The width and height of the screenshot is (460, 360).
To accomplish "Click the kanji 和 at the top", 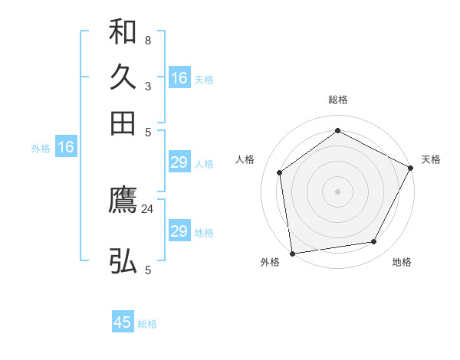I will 123,33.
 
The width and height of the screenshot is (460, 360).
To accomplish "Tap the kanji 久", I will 123,77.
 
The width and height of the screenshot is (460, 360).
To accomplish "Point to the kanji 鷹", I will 123,201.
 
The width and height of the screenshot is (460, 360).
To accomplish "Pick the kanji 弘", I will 123,261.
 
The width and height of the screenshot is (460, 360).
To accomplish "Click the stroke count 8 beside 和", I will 148,40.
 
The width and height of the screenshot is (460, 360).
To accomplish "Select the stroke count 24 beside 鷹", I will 148,208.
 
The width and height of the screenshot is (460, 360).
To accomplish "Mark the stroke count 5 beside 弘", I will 148,270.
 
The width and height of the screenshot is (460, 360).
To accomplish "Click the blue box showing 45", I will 123,322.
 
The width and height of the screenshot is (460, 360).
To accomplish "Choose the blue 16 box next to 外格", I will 66,148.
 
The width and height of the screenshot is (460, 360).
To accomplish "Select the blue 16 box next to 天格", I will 179,78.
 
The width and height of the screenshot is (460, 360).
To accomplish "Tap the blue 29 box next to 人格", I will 179,162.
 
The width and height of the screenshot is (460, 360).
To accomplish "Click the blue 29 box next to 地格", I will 179,231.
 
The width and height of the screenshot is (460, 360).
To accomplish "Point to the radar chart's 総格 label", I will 337,100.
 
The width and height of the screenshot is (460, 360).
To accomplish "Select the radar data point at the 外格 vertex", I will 292,253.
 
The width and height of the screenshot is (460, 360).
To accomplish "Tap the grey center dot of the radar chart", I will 337,191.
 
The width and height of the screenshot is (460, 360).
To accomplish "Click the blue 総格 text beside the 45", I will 147,324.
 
